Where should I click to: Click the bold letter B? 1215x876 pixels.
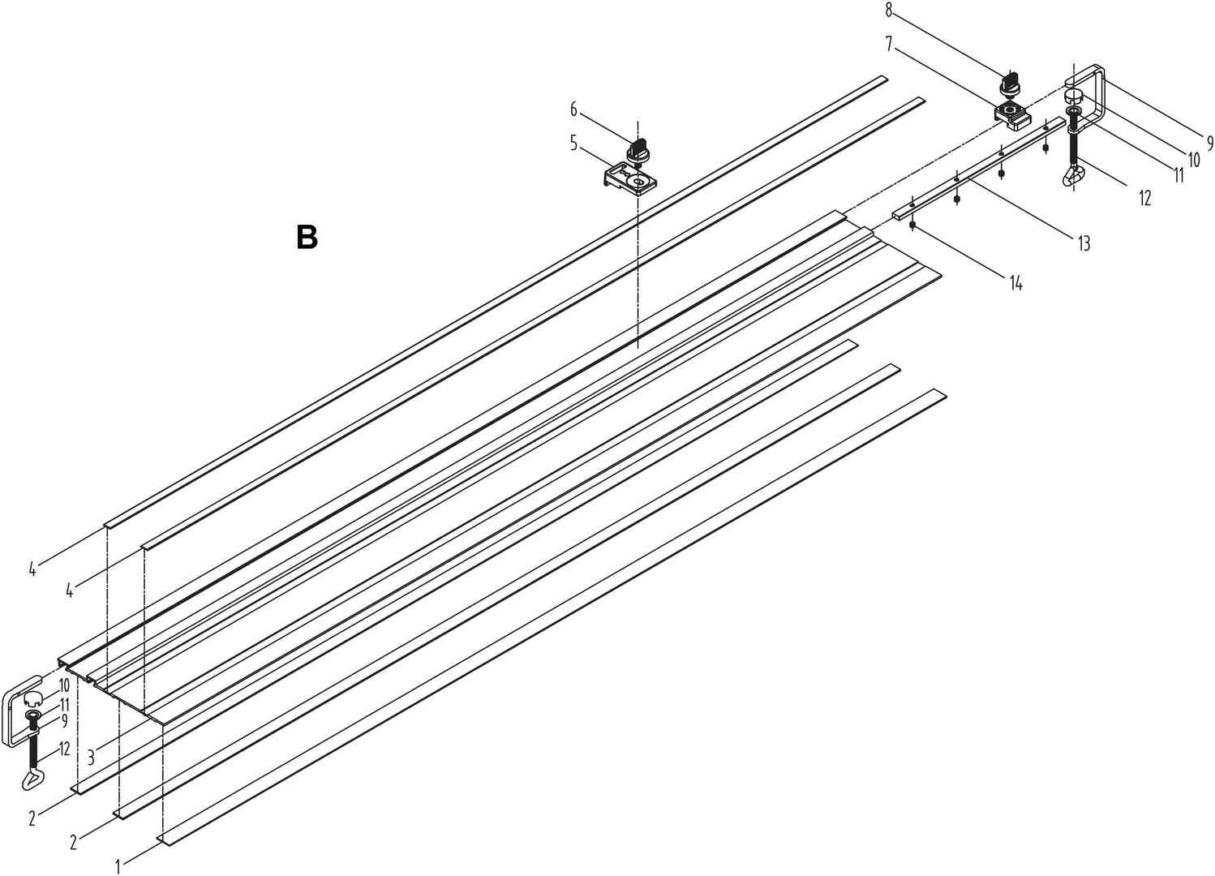coord(307,238)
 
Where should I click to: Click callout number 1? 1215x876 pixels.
coord(118,867)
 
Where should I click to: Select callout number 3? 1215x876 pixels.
coord(91,758)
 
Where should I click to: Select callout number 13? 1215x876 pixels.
coord(1084,243)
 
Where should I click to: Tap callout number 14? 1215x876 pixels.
coord(1015,283)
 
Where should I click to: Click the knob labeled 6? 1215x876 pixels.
coord(638,152)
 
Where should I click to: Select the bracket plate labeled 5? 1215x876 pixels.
coord(630,178)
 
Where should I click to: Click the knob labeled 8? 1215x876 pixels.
coord(1011,84)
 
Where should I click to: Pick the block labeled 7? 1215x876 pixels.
coord(1013,114)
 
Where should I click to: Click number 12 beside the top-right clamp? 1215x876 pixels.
coord(1144,197)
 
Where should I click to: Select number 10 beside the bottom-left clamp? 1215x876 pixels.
coord(64,685)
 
